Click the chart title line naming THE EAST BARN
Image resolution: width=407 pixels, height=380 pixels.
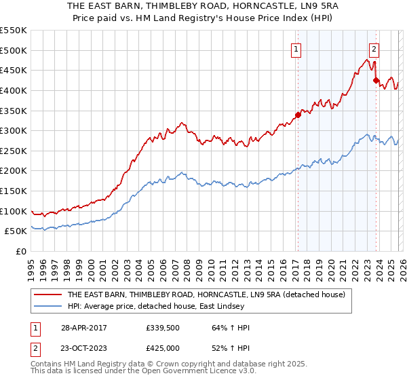click(203, 6)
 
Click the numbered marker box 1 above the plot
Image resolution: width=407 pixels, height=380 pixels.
click(297, 49)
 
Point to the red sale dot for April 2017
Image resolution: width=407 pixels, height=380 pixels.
click(297, 115)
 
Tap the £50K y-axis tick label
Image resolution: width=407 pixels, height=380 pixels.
click(16, 231)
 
